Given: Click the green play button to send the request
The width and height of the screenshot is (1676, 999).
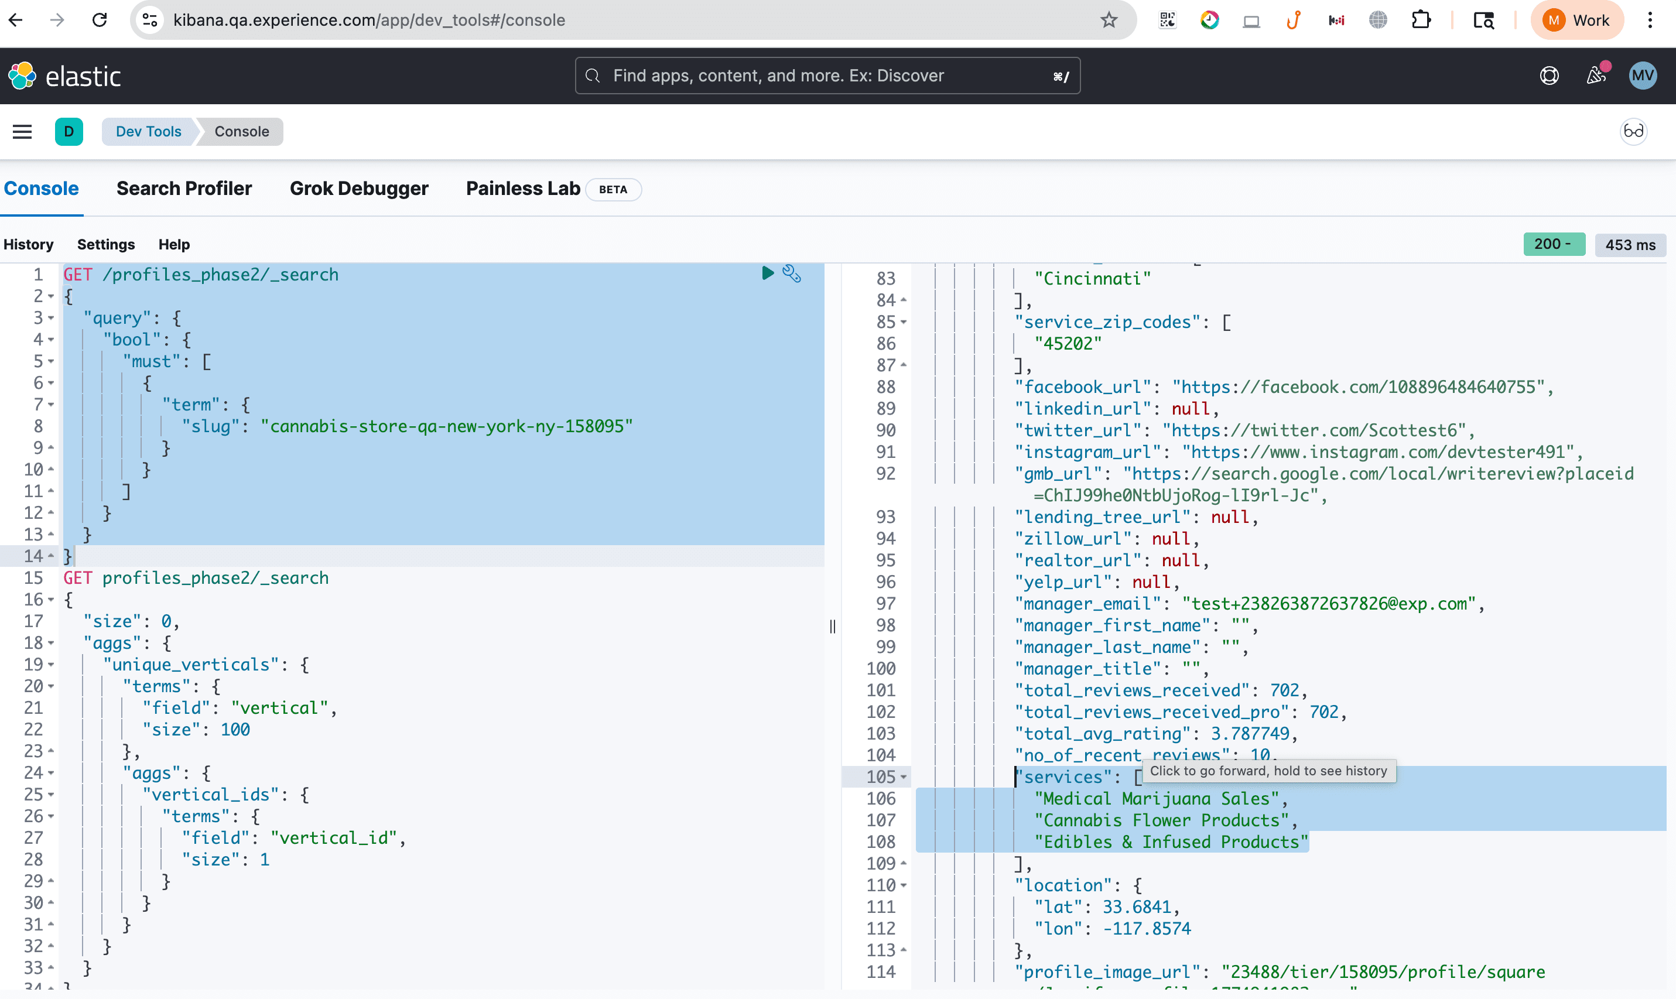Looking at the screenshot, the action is point(767,273).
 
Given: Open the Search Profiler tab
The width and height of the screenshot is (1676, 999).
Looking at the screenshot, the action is point(184,189).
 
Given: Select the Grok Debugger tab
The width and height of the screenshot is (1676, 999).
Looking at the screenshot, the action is point(359,189).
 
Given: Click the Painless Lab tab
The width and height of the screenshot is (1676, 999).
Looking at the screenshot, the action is point(523,189).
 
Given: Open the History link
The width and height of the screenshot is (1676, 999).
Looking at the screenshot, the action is point(28,244).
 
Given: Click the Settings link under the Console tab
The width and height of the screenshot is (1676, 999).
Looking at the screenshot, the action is point(105,244).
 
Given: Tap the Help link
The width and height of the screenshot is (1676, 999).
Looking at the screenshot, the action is point(174,244).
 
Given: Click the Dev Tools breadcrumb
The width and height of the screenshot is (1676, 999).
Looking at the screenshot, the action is point(148,131).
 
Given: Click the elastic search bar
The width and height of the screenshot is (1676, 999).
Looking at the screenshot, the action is point(827,76).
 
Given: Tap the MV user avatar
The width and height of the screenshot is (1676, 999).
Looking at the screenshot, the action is point(1643,76).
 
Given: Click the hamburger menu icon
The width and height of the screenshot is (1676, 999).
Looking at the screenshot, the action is point(22,131).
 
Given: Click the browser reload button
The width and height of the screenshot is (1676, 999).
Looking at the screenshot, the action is point(100,20).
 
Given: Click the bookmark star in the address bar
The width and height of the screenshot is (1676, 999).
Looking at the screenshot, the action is point(1109,20).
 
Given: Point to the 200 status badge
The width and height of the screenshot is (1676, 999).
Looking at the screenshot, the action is point(1554,244).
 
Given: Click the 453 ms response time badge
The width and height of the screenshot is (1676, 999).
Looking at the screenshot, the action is point(1630,245).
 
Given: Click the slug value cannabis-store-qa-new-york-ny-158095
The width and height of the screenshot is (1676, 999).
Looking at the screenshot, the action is point(446,426).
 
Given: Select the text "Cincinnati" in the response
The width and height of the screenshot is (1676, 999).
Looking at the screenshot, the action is point(1092,279).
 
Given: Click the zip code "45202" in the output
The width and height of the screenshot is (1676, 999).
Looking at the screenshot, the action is point(1068,343).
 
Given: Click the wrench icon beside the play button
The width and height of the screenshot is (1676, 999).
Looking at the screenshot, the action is point(792,273).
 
